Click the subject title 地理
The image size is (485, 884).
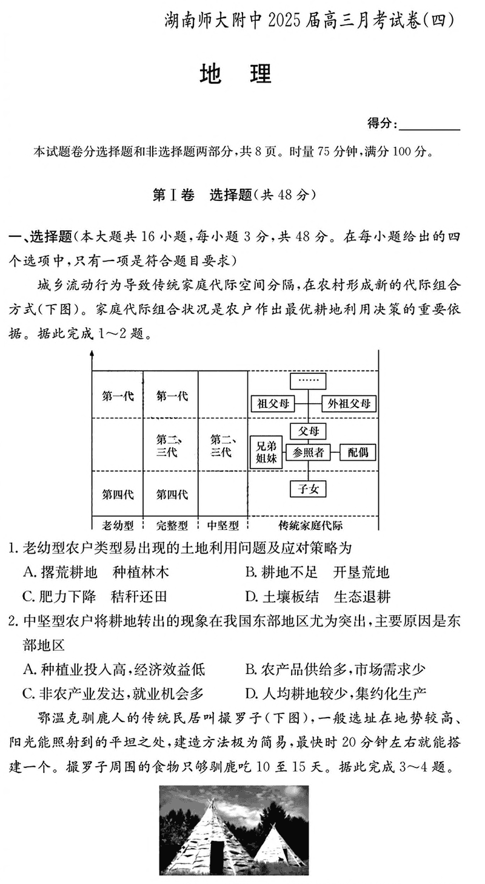(x=236, y=74)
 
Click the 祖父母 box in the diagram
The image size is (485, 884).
(x=273, y=403)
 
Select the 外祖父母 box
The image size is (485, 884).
(x=349, y=403)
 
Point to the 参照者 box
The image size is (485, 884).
(x=308, y=452)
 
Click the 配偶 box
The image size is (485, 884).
(x=358, y=452)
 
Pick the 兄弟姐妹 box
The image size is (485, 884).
(x=266, y=452)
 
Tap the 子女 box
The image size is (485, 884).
(x=308, y=489)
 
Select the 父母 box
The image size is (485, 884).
(x=308, y=431)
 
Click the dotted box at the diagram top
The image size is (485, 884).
(x=308, y=381)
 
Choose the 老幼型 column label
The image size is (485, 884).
(x=118, y=525)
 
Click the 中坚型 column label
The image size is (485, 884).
(x=223, y=525)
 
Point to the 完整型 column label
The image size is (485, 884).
(x=172, y=525)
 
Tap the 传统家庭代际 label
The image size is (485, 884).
(x=310, y=525)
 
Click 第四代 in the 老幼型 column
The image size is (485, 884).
(x=118, y=494)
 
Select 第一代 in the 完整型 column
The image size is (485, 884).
(x=172, y=396)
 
